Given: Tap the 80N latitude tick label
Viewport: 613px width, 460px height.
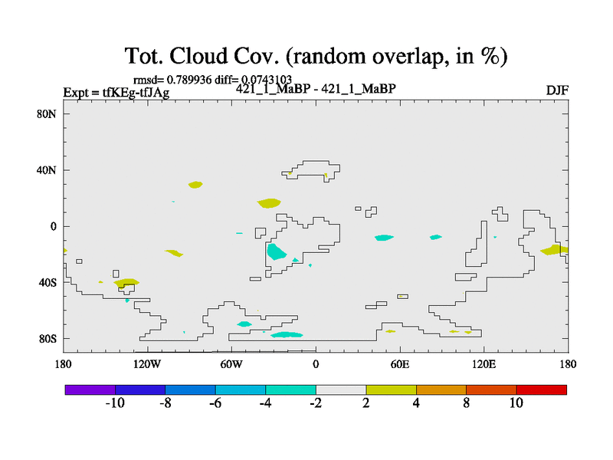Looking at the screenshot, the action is pos(47,114).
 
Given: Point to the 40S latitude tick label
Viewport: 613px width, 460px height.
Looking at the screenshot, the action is pos(48,282).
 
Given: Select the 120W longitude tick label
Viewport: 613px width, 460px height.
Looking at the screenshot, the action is pos(147,365).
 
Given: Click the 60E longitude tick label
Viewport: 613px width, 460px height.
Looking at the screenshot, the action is pos(400,365).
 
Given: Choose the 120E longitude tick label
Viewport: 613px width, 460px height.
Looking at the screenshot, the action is pos(484,365).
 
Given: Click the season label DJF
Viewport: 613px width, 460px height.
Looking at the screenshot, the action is pos(557,90).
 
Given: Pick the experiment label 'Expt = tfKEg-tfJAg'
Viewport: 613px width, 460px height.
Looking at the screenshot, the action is pos(116,93).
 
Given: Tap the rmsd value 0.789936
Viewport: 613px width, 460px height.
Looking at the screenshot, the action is pos(189,80).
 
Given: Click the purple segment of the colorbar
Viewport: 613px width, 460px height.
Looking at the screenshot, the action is pos(90,390).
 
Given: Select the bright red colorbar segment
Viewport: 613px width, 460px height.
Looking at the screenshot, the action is pos(542,390).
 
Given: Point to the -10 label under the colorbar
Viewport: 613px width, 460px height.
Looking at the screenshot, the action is pos(115,403).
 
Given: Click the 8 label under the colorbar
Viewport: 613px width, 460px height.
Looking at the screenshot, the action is pos(466,403).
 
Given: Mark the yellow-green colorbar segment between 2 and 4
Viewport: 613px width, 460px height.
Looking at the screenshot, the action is pos(391,390).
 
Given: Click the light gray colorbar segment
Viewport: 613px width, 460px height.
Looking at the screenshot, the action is pos(341,390).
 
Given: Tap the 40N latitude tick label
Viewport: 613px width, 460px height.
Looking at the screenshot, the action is pos(47,170).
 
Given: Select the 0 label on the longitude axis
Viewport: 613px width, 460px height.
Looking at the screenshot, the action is pos(316,365).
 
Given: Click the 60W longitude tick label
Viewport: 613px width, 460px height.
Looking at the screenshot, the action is pos(231,365).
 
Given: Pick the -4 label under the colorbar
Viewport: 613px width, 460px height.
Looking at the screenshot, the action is pos(265,403).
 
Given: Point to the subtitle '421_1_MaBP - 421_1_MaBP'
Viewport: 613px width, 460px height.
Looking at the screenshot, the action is pos(316,89).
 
